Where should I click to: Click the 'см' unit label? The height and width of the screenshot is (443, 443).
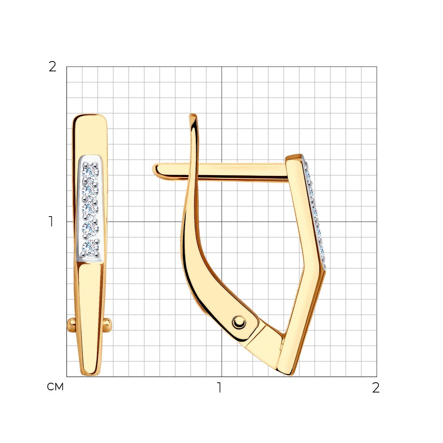click(x=55, y=387)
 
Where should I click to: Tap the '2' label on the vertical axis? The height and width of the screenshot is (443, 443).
click(x=53, y=67)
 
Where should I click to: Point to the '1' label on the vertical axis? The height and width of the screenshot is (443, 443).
click(x=51, y=221)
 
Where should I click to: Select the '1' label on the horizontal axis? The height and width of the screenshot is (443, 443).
click(x=219, y=388)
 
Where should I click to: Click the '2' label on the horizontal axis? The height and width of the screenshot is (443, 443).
click(x=376, y=388)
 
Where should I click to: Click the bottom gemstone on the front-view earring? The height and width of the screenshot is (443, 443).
click(x=90, y=248)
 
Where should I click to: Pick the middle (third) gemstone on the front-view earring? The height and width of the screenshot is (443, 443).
click(x=90, y=210)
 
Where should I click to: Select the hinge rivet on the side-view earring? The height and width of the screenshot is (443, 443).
click(x=239, y=322)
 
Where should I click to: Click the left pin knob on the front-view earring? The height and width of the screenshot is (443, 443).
click(x=71, y=325)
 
